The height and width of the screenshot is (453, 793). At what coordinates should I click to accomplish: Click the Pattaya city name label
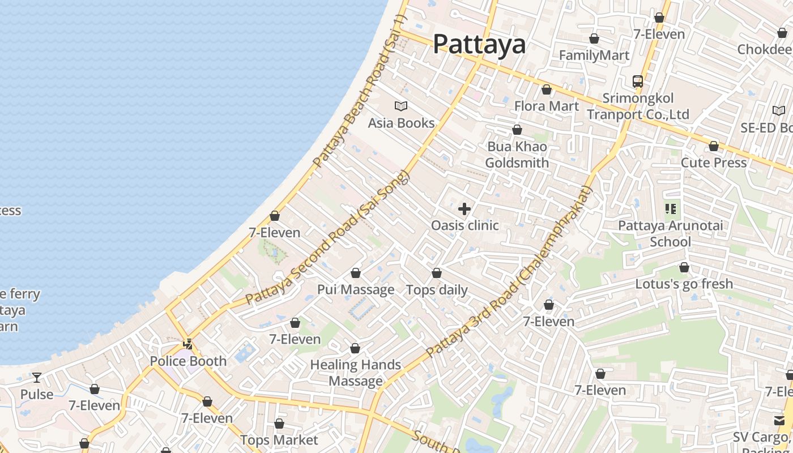coord(479,45)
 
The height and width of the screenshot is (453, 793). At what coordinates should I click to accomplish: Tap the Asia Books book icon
coord(401,106)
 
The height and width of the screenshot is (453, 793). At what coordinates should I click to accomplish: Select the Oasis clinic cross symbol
coord(464,209)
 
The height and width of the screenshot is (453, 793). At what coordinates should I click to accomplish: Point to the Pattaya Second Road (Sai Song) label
coord(327,238)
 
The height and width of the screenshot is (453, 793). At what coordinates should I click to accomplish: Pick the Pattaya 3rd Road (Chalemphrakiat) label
coord(509,272)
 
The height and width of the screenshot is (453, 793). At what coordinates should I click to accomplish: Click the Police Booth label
coord(188,361)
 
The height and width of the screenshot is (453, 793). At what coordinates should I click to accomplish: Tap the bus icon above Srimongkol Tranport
coord(638,82)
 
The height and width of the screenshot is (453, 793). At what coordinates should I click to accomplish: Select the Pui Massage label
coord(356,290)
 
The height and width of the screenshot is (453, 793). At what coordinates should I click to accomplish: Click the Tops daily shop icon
coord(437,273)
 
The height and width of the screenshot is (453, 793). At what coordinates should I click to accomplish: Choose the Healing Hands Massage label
coord(356,373)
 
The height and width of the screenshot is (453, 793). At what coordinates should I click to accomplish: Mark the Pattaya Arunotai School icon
coord(671,209)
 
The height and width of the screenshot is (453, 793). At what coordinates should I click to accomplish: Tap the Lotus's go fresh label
coord(684,284)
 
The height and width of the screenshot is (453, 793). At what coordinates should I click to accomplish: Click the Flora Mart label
coord(547,106)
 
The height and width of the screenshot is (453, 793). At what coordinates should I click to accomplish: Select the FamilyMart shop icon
coord(594,39)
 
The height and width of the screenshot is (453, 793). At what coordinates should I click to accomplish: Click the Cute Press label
coord(714,163)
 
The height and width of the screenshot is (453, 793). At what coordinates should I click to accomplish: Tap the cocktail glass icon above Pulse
coord(37,377)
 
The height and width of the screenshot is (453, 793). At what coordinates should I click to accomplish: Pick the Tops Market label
coord(279,440)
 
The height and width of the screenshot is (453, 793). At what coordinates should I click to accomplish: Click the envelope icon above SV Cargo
coord(779,420)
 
